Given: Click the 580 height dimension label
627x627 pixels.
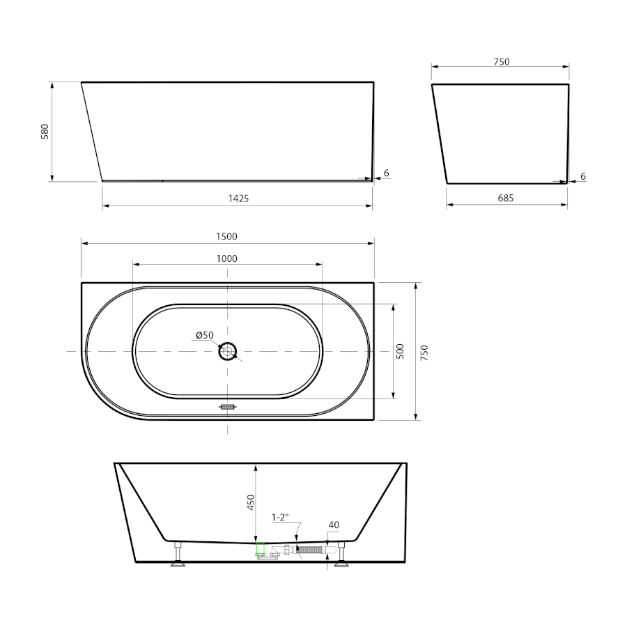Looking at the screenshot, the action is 45,131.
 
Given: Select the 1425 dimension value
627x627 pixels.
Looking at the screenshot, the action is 238,199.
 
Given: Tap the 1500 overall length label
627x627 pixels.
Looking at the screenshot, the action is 226,236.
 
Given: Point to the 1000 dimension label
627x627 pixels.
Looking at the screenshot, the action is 226,258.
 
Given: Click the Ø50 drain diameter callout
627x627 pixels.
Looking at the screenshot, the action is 205,335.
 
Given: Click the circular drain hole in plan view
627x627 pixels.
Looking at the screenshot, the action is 228,352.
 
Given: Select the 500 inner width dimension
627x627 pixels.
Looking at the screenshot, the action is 401,351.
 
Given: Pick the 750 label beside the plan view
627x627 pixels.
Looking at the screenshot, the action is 424,353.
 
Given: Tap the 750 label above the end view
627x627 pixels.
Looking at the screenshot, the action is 502,61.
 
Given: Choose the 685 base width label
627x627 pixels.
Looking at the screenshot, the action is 506,198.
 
